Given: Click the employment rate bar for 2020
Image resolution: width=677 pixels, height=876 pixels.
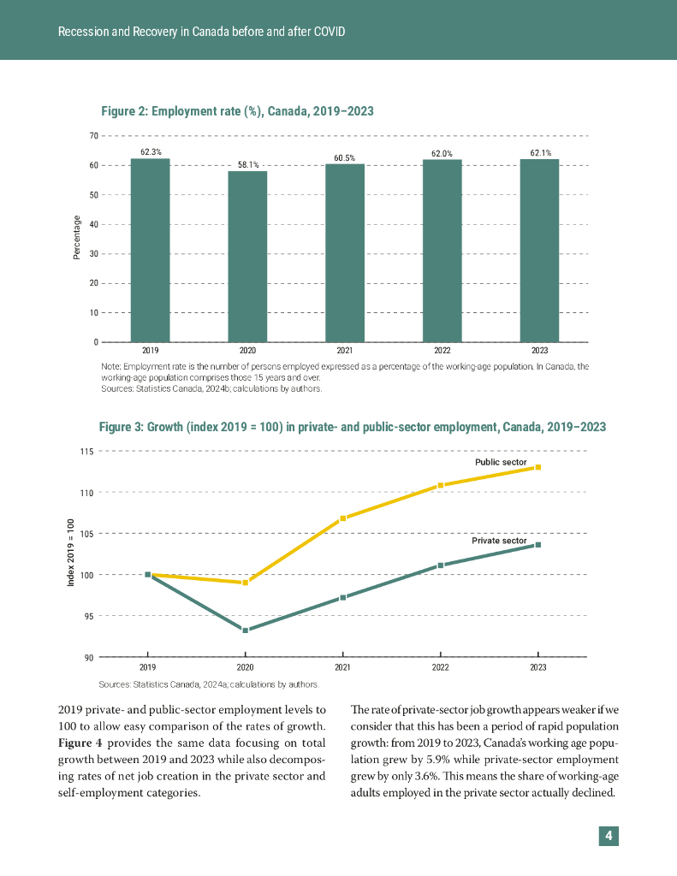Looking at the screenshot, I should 247,257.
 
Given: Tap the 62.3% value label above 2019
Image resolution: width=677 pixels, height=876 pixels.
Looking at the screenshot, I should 151,152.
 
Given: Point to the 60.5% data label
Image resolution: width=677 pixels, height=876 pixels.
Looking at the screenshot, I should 345,157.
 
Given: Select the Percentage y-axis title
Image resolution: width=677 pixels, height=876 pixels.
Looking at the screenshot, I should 76,238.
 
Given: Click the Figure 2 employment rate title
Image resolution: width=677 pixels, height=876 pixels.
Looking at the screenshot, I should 237,111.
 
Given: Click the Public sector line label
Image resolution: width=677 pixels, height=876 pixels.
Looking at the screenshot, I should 501,462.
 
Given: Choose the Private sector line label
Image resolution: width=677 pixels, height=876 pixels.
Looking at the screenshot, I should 499,541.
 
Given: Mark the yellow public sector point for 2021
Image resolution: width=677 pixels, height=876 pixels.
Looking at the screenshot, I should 343,518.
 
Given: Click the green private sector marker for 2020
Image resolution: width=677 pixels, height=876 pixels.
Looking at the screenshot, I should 246,630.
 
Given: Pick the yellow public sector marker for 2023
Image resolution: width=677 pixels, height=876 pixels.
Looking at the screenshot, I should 538,467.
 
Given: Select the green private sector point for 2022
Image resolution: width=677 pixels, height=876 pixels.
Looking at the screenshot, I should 441,565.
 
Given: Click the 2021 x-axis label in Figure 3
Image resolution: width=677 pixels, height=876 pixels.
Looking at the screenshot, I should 343,667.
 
